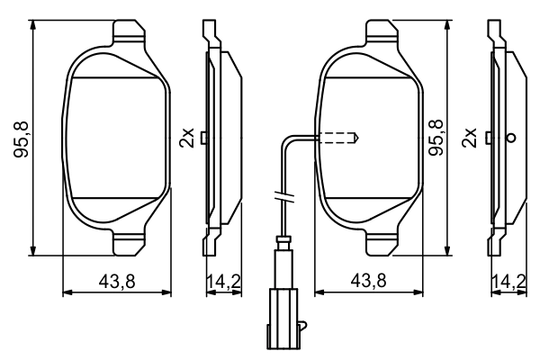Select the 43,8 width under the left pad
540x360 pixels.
tap(117, 281)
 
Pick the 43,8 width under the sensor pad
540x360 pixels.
tap(369, 281)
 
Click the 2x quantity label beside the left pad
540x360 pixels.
tap(187, 138)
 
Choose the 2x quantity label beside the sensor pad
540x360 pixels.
tap(468, 138)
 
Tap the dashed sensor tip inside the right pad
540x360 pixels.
tap(340, 138)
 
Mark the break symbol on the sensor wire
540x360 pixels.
tap(281, 196)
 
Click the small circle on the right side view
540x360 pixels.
tap(512, 138)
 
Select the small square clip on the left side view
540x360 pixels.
tap(206, 138)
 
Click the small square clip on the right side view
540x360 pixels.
tap(489, 138)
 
